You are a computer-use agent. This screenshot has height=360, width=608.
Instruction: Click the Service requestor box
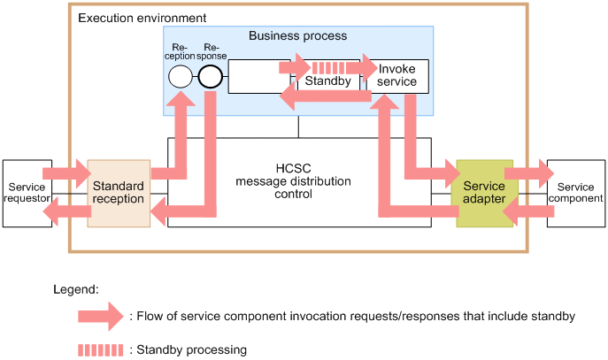pyautogui.click(x=20, y=193)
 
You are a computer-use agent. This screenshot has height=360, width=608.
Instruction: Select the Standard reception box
pyautogui.click(x=119, y=193)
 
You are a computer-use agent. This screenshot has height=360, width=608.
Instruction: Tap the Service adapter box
pyautogui.click(x=484, y=194)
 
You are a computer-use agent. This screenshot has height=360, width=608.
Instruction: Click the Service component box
pyautogui.click(x=575, y=193)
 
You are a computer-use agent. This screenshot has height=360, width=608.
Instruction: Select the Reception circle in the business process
pyautogui.click(x=180, y=77)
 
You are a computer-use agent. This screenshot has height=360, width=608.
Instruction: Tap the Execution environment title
pyautogui.click(x=142, y=18)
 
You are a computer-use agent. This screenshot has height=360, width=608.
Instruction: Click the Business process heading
pyautogui.click(x=297, y=36)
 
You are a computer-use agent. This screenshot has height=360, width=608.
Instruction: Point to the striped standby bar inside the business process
pyautogui.click(x=328, y=67)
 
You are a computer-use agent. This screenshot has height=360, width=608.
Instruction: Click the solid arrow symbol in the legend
pyautogui.click(x=99, y=316)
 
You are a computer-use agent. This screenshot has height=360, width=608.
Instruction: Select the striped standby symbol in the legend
pyautogui.click(x=99, y=349)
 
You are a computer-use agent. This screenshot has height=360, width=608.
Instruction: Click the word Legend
pyautogui.click(x=75, y=289)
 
